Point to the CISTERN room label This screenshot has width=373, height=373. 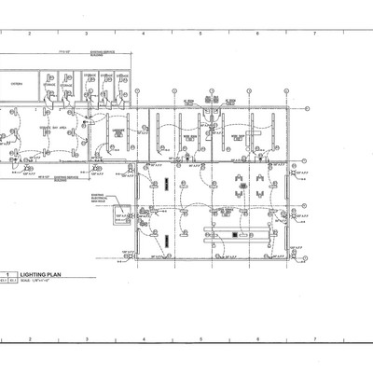coord(16,84)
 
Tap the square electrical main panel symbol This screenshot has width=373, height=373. coord(120,217)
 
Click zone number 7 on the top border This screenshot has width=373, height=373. coord(315,34)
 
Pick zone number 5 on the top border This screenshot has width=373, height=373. coord(200,34)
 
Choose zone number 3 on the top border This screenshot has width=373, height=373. coord(87,34)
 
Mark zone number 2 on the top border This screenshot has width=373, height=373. coord(30,34)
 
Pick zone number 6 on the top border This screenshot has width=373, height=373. coord(257,34)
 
